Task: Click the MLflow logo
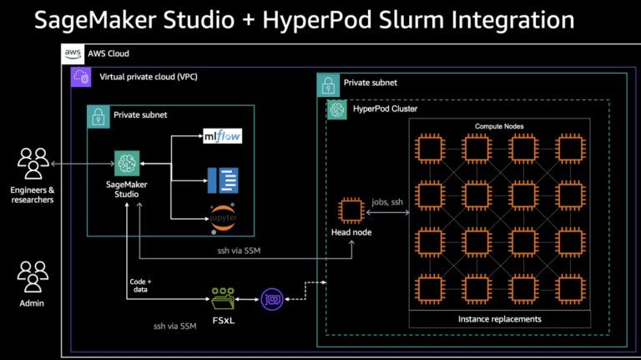pos(222,136)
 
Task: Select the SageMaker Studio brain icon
pos(127,164)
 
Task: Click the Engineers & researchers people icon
pos(33,164)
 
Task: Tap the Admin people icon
pos(33,275)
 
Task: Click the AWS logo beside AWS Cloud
pos(73,53)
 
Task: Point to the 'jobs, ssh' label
pos(385,202)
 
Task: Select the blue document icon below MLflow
pos(222,177)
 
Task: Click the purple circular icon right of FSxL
pos(272,297)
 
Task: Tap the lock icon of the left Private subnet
pos(98,115)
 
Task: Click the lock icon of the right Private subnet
pos(328,84)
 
